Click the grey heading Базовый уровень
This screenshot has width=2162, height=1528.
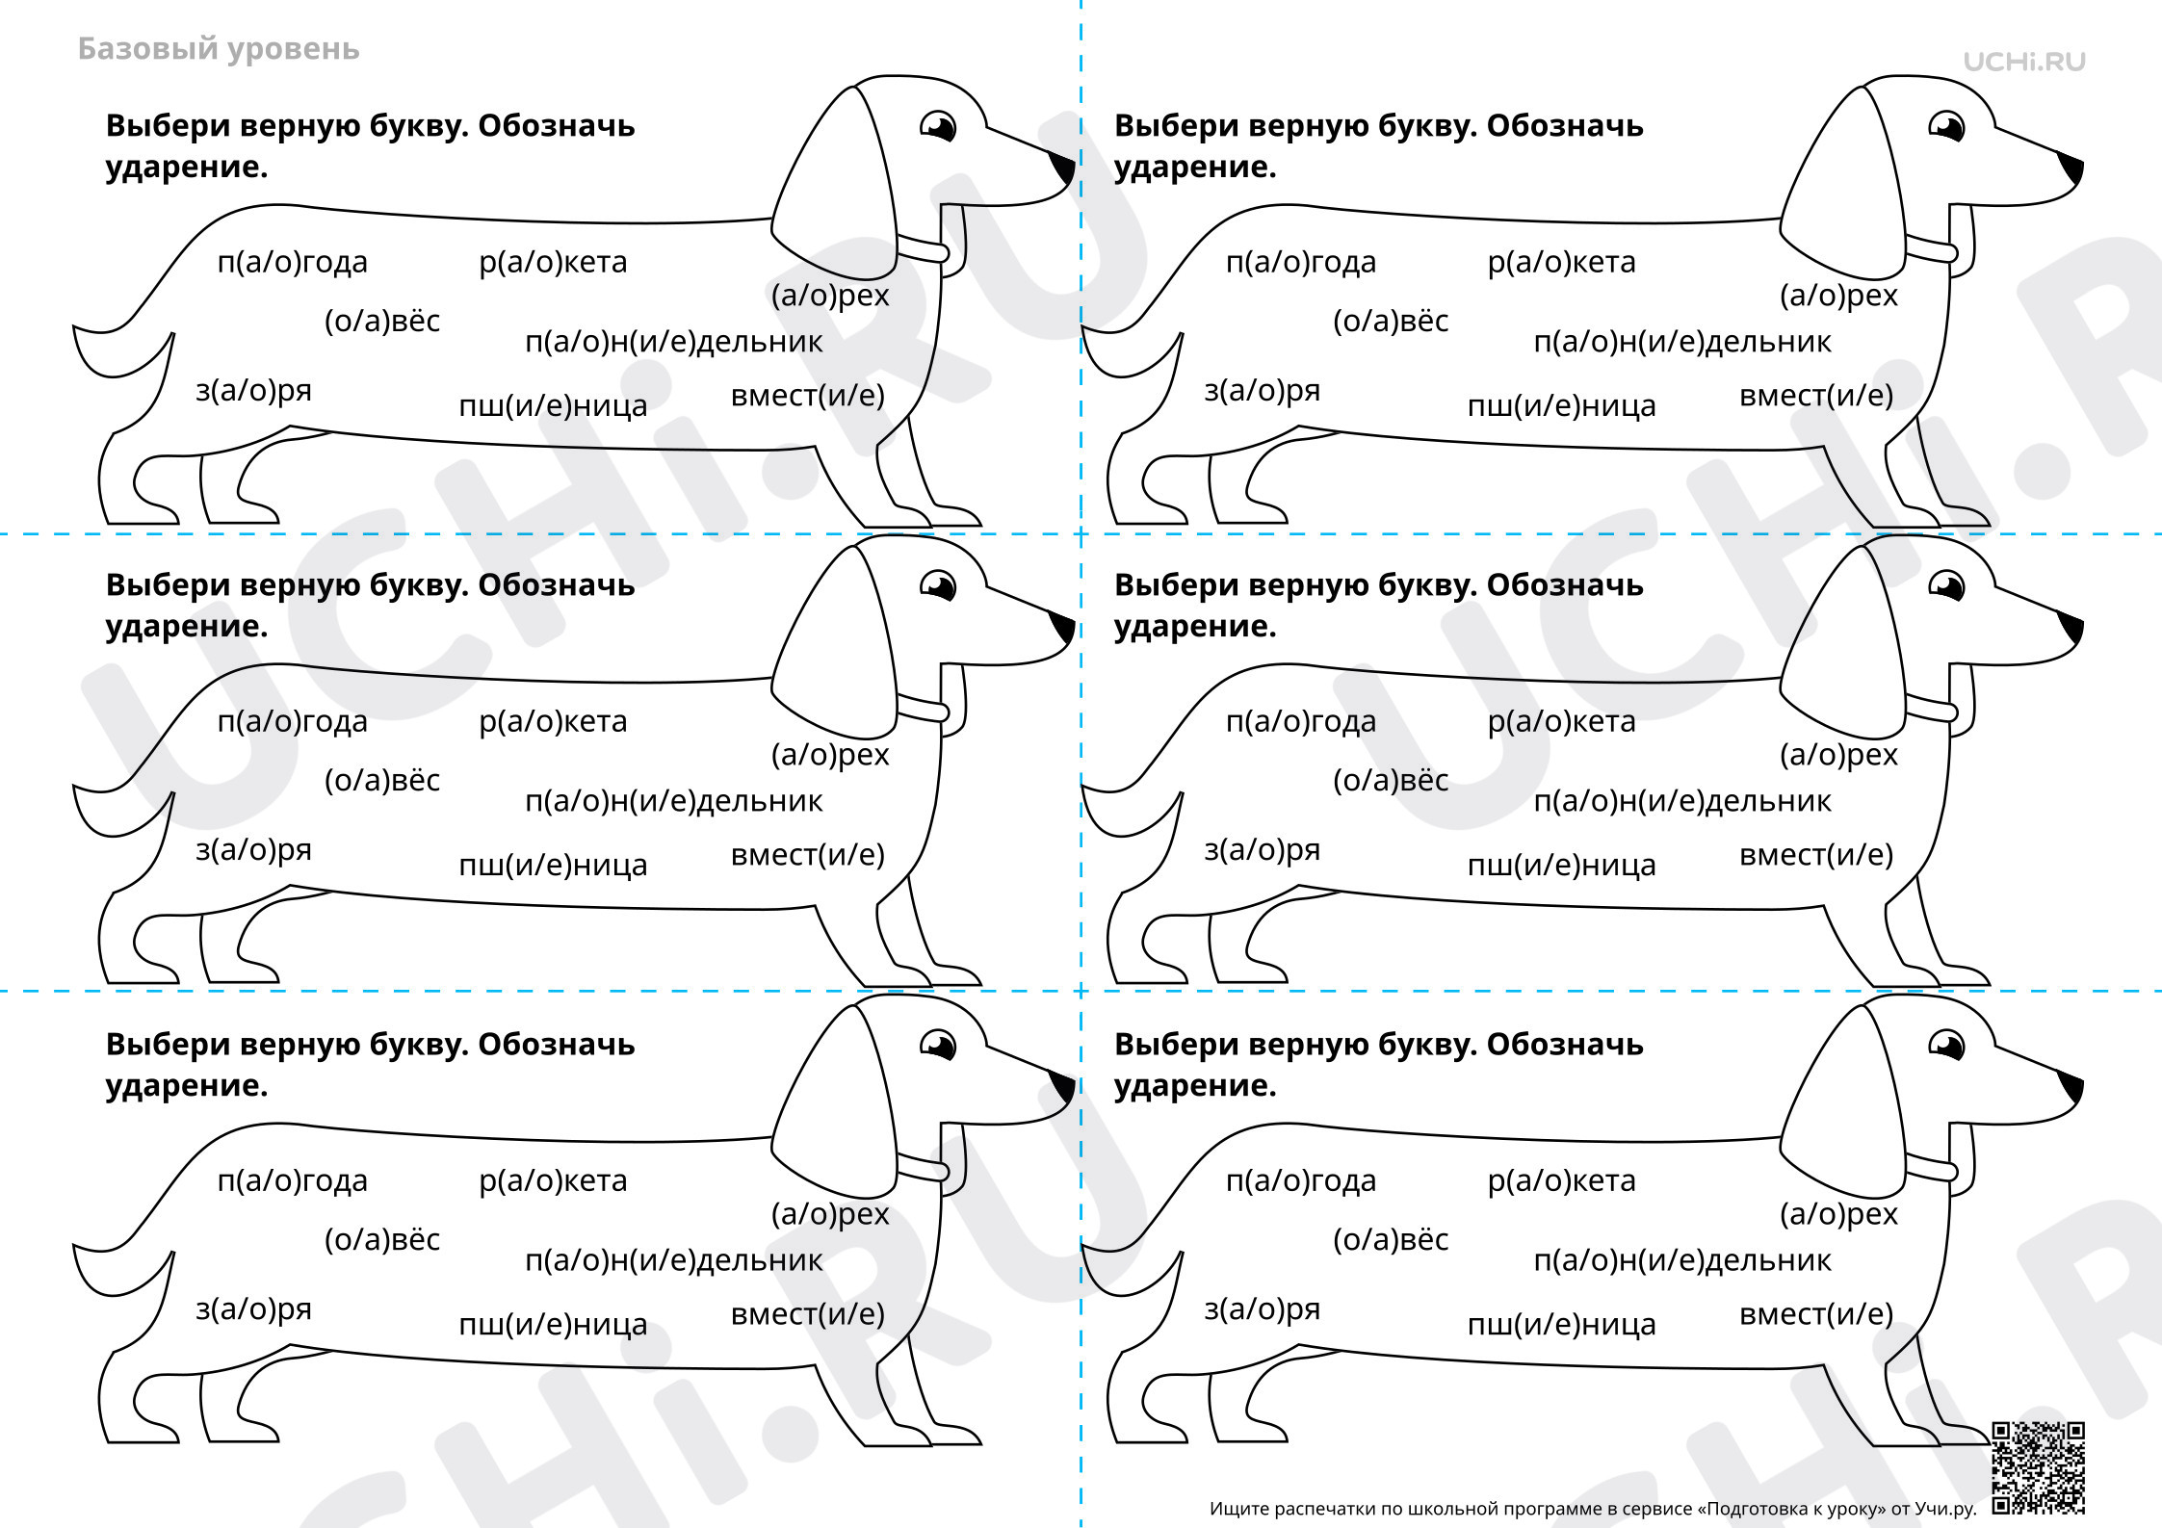(x=219, y=49)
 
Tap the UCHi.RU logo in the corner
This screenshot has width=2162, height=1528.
(x=2024, y=62)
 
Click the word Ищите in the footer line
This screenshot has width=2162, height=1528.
(x=1238, y=1509)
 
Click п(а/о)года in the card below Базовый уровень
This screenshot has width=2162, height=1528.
(x=293, y=262)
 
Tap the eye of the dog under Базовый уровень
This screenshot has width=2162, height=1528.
(x=937, y=126)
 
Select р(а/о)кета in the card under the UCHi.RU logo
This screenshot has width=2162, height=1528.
(x=1561, y=262)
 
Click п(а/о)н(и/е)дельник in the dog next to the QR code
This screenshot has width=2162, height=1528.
(x=1682, y=1260)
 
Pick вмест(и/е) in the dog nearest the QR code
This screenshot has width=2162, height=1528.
(x=1816, y=1314)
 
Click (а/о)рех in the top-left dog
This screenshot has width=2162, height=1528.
(x=830, y=296)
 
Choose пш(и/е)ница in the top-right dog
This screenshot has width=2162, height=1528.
(x=1561, y=406)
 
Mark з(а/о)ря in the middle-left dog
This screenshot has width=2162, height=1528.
(x=254, y=850)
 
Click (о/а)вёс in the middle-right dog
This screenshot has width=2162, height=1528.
(x=1391, y=780)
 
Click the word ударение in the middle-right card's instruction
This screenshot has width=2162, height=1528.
(x=1194, y=627)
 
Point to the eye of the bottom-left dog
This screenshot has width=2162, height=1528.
(x=937, y=1045)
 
